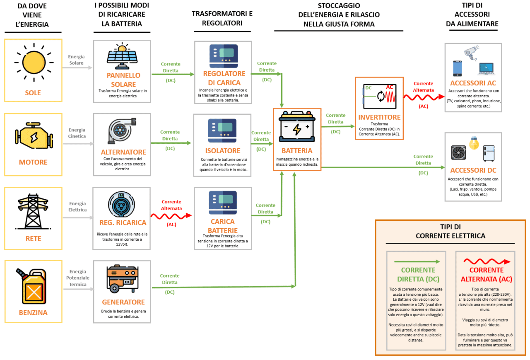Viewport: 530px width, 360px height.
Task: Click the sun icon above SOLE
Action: [x=33, y=62]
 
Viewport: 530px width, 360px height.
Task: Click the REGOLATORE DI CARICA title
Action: [x=224, y=77]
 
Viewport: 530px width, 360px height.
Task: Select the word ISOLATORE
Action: [x=223, y=151]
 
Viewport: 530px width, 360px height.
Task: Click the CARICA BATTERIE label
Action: [x=223, y=226]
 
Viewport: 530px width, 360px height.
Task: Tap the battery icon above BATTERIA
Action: [x=297, y=128]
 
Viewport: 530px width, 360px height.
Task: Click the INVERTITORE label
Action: [x=379, y=117]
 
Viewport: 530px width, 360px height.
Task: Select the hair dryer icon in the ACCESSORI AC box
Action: [x=472, y=52]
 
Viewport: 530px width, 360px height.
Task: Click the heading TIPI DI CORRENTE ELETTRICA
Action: [x=450, y=231]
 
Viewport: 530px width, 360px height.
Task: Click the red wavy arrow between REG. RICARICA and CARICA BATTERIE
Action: [x=171, y=216]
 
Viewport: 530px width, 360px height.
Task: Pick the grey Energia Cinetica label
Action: [x=77, y=133]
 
